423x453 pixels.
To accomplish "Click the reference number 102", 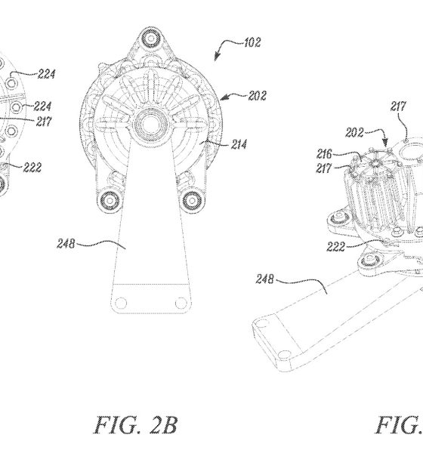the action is coord(252,42).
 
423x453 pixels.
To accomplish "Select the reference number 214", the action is coord(239,144).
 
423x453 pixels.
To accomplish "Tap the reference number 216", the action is coord(324,154).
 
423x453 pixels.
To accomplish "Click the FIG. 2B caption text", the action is coord(136,424).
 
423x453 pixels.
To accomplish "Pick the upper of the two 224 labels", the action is coord(46,74).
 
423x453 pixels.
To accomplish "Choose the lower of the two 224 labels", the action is coord(42,106).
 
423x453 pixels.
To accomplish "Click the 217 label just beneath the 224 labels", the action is coord(44,122).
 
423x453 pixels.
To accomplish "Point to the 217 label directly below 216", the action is coord(323,168).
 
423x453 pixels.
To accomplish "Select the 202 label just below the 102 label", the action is coord(257,96).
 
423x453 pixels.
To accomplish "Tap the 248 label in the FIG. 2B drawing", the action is coord(66,244).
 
